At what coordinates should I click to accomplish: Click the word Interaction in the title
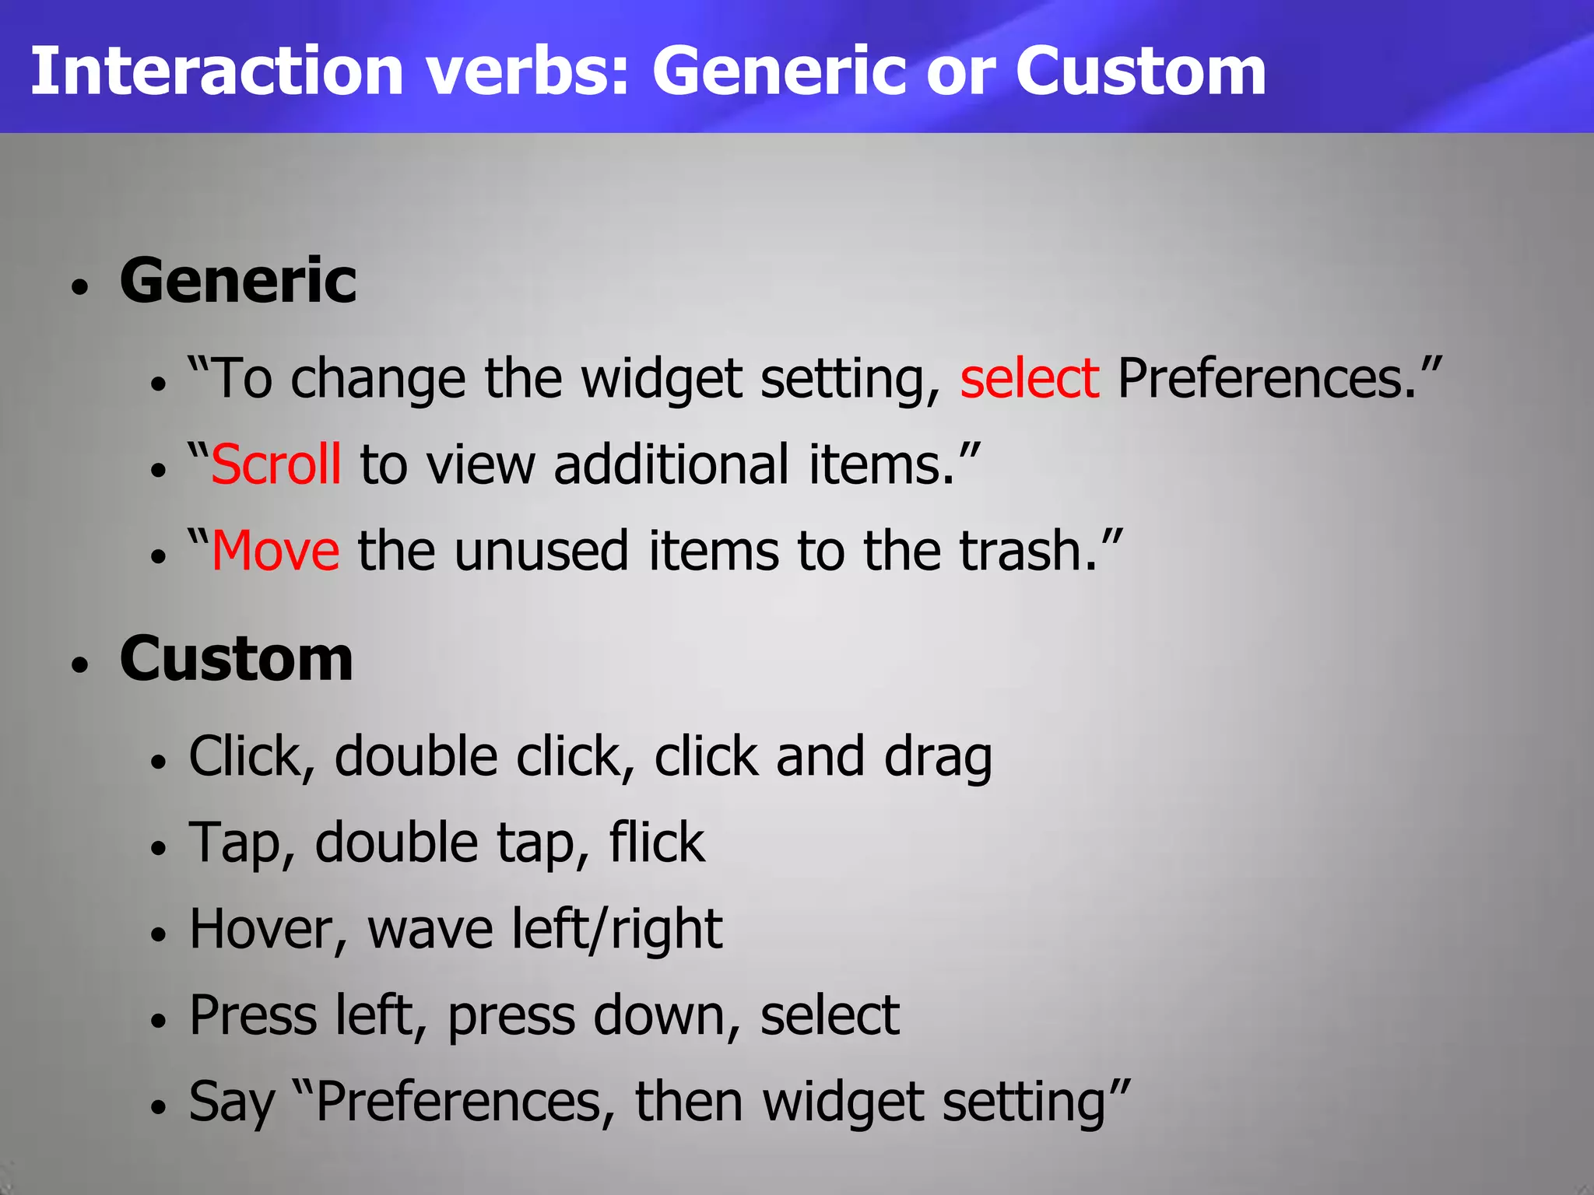tap(216, 72)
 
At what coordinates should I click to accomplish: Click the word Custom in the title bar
tap(1140, 72)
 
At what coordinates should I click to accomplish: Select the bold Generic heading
tap(238, 281)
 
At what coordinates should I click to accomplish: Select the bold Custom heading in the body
tap(237, 659)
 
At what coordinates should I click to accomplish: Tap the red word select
tap(1029, 379)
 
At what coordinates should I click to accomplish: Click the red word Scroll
tap(276, 465)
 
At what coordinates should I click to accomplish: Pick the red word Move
tap(276, 551)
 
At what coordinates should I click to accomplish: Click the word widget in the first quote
tap(661, 380)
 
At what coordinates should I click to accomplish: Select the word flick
tap(657, 843)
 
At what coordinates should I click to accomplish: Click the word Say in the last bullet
tap(232, 1103)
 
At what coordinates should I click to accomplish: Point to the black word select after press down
tap(830, 1016)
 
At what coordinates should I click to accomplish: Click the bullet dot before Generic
tap(80, 287)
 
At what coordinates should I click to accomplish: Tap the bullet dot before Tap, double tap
tap(159, 847)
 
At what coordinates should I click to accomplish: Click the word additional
tap(671, 465)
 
